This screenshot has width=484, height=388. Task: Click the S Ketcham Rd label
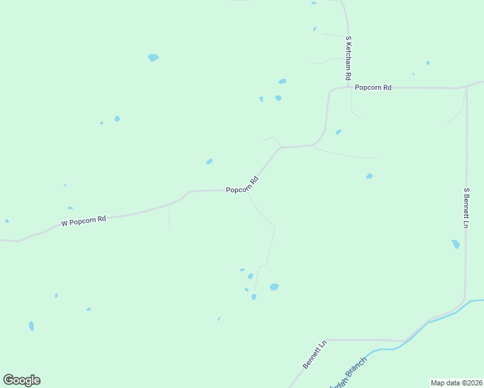click(x=348, y=58)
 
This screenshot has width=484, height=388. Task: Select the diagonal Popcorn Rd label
click(x=242, y=185)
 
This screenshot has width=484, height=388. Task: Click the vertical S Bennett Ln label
click(x=466, y=208)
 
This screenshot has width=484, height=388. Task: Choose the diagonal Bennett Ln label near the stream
click(x=315, y=354)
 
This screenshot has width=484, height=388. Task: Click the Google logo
click(x=21, y=380)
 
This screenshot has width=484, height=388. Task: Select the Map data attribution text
click(x=456, y=382)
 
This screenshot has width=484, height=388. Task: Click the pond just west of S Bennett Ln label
click(x=456, y=244)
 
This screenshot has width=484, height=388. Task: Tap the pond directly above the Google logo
click(x=31, y=326)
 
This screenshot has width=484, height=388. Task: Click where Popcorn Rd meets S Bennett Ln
click(x=467, y=86)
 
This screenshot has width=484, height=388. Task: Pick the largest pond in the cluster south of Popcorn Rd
click(x=274, y=286)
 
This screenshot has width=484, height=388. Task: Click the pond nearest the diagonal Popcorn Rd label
click(x=209, y=161)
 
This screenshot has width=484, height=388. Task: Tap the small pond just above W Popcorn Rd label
click(x=70, y=208)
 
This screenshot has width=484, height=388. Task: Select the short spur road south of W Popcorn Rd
click(x=169, y=216)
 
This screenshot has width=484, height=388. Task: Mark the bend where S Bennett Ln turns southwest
click(x=463, y=300)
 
